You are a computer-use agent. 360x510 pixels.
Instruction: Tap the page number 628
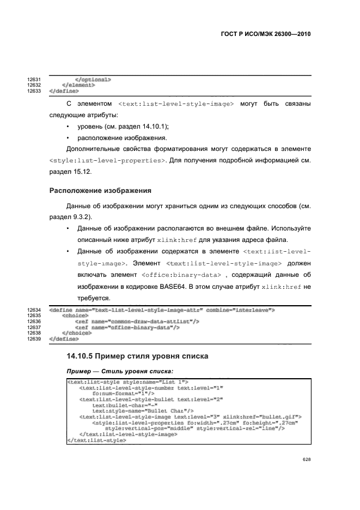306,460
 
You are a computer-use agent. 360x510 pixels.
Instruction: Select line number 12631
35,80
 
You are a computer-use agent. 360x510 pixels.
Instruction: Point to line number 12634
35,310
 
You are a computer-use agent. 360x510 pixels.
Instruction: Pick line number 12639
35,338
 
